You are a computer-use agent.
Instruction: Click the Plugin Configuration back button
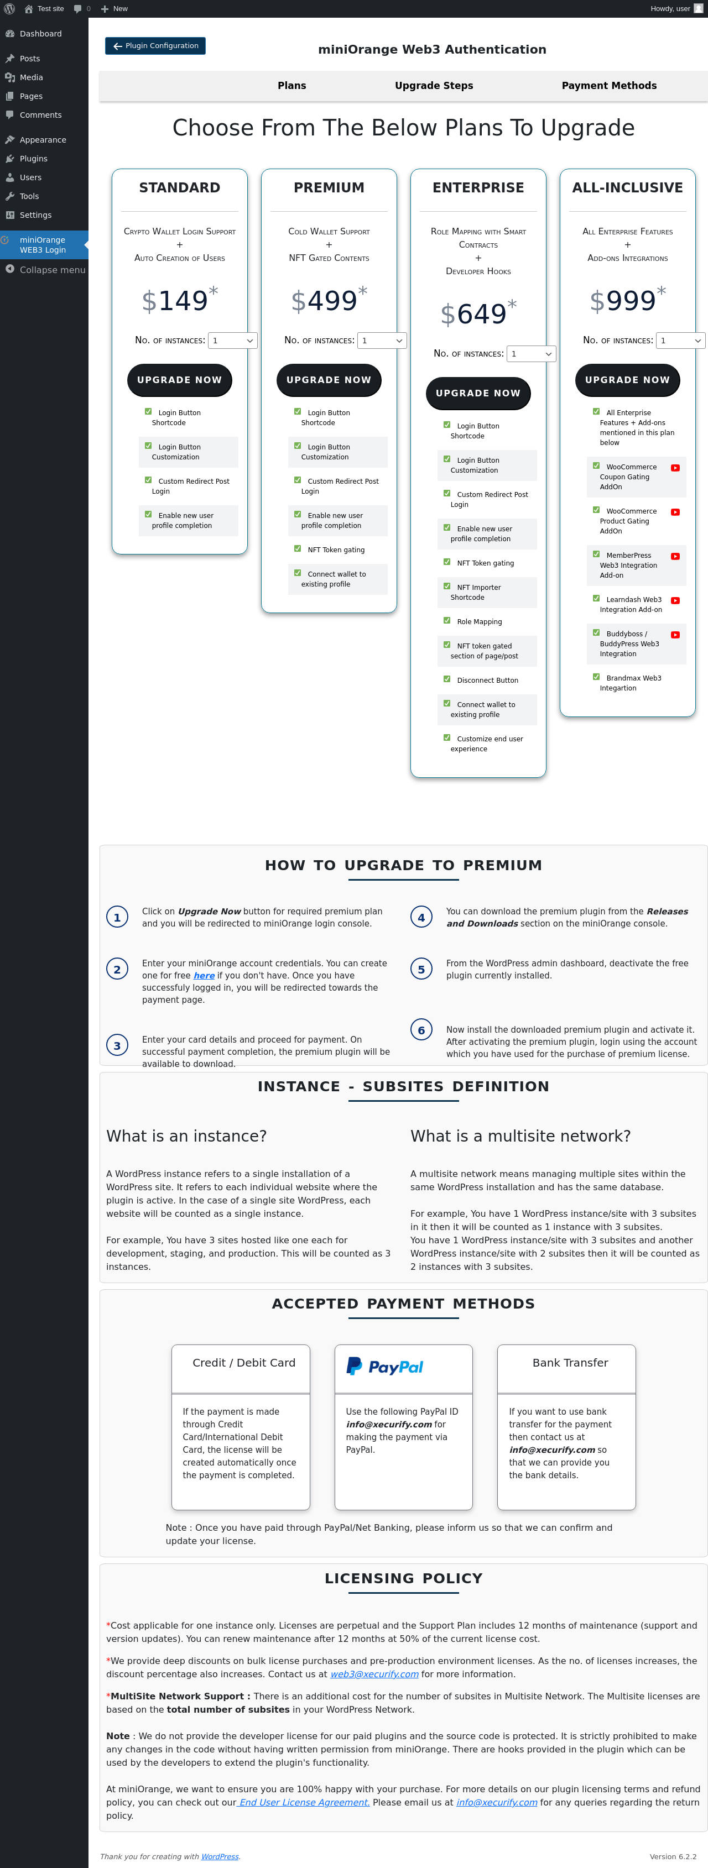click(155, 46)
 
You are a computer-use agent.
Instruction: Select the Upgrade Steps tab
click(434, 86)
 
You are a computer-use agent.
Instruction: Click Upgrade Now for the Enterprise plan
click(478, 393)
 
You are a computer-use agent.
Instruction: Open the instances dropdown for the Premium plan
click(382, 341)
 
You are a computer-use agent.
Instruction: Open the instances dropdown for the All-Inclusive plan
click(680, 341)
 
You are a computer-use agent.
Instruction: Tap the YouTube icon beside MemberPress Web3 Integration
click(675, 556)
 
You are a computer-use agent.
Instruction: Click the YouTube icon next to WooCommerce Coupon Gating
click(675, 468)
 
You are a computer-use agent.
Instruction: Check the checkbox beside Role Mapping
click(447, 621)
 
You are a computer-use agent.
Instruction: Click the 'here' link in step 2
click(204, 975)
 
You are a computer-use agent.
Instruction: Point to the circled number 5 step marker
click(421, 969)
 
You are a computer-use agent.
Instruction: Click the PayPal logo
click(385, 1366)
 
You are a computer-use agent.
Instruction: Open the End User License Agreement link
click(303, 1802)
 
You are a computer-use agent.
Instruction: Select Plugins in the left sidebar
click(33, 159)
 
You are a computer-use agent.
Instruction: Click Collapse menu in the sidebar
click(44, 270)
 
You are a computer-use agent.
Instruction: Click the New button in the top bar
click(114, 9)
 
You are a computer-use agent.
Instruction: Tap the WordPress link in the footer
click(220, 1856)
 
